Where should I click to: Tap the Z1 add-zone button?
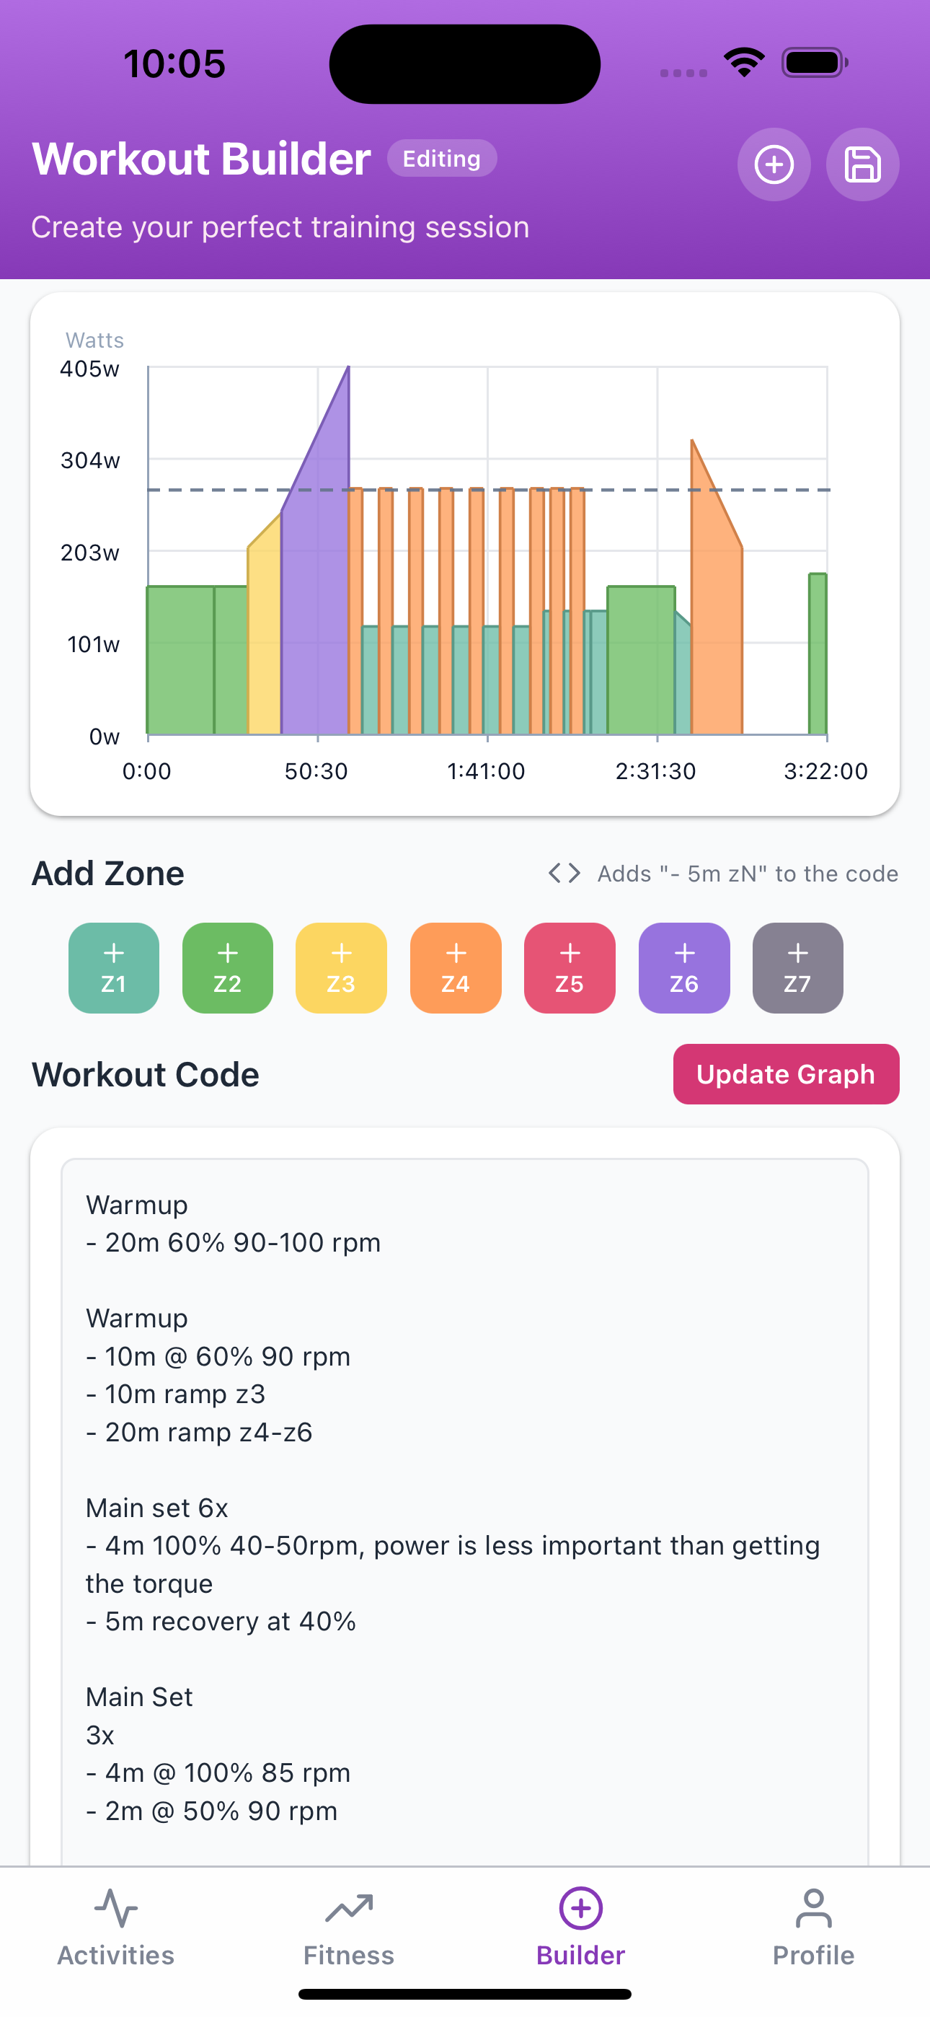pyautogui.click(x=113, y=968)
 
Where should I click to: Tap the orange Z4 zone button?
pyautogui.click(x=456, y=968)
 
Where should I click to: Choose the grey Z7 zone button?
pyautogui.click(x=797, y=968)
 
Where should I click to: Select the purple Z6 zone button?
pyautogui.click(x=684, y=968)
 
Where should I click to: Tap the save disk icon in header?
pyautogui.click(x=863, y=164)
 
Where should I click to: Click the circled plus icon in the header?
pyautogui.click(x=774, y=164)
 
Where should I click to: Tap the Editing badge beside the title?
pyautogui.click(x=441, y=158)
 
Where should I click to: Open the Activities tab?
pyautogui.click(x=116, y=1928)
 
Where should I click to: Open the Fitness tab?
pyautogui.click(x=348, y=1928)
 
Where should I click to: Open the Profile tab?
pyautogui.click(x=813, y=1928)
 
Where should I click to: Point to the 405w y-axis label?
pyautogui.click(x=90, y=369)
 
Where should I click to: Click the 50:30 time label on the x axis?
pyautogui.click(x=316, y=771)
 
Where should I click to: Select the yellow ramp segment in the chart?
pyautogui.click(x=265, y=642)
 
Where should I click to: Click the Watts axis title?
pyautogui.click(x=94, y=340)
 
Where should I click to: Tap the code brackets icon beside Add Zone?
pyautogui.click(x=564, y=873)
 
